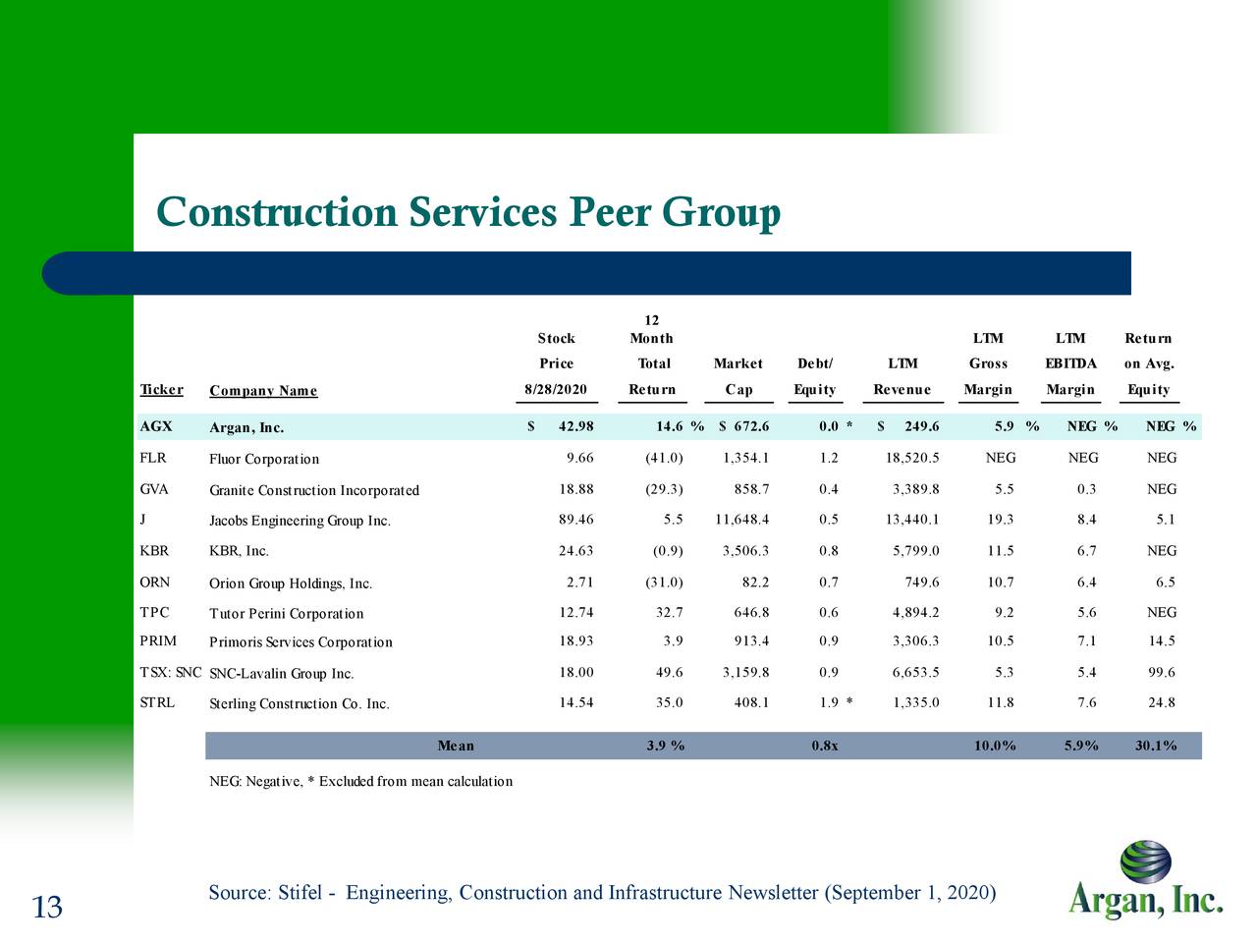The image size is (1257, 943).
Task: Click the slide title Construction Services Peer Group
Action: point(468,212)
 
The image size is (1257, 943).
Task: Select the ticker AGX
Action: point(156,426)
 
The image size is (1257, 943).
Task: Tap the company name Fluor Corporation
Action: point(264,459)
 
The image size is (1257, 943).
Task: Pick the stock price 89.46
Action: point(575,520)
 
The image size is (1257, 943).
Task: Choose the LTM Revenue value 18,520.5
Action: point(912,459)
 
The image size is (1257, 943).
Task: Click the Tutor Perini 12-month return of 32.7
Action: point(669,613)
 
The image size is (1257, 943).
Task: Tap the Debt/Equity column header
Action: point(815,377)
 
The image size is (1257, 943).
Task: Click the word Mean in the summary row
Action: point(456,746)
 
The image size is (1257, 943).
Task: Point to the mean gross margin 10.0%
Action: point(995,746)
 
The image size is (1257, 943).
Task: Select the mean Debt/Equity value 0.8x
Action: point(825,746)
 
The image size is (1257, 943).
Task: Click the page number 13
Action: point(47,908)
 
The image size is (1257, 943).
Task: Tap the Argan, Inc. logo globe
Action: point(1145,861)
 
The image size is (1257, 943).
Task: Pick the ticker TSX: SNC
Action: point(171,673)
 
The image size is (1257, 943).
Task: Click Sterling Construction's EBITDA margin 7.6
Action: point(1086,703)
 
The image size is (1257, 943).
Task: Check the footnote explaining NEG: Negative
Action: point(360,782)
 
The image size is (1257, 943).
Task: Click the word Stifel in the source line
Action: point(300,893)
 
